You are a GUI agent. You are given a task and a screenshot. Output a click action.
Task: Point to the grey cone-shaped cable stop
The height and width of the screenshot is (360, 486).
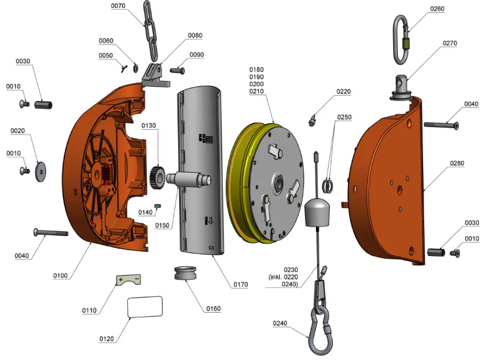pyautogui.click(x=317, y=212)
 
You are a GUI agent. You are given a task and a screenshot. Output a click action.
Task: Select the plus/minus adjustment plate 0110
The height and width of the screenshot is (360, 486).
pyautogui.click(x=128, y=280)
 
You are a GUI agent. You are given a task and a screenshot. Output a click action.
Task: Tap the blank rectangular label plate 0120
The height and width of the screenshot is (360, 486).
pyautogui.click(x=145, y=307)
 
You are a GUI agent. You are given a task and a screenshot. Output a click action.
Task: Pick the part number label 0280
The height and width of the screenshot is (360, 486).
pyautogui.click(x=457, y=164)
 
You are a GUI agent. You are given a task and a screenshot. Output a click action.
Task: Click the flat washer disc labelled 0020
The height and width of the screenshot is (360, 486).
pyautogui.click(x=42, y=171)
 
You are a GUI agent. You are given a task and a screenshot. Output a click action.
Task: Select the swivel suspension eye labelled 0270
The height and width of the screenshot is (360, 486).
pyautogui.click(x=401, y=87)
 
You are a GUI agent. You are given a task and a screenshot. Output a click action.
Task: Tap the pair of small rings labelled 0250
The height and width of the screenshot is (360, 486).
pyautogui.click(x=328, y=185)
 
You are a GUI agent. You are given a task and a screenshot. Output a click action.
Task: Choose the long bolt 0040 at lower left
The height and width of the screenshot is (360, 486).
pyautogui.click(x=50, y=233)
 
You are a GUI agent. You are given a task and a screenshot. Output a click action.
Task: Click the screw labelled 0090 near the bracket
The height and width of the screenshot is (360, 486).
pyautogui.click(x=178, y=71)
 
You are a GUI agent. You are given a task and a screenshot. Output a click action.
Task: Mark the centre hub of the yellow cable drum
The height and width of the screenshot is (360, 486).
pyautogui.click(x=279, y=183)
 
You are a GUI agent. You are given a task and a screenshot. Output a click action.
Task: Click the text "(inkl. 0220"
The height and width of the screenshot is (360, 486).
pyautogui.click(x=284, y=277)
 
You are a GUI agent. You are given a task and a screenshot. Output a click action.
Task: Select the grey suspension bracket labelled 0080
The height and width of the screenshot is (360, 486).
pyautogui.click(x=154, y=75)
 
